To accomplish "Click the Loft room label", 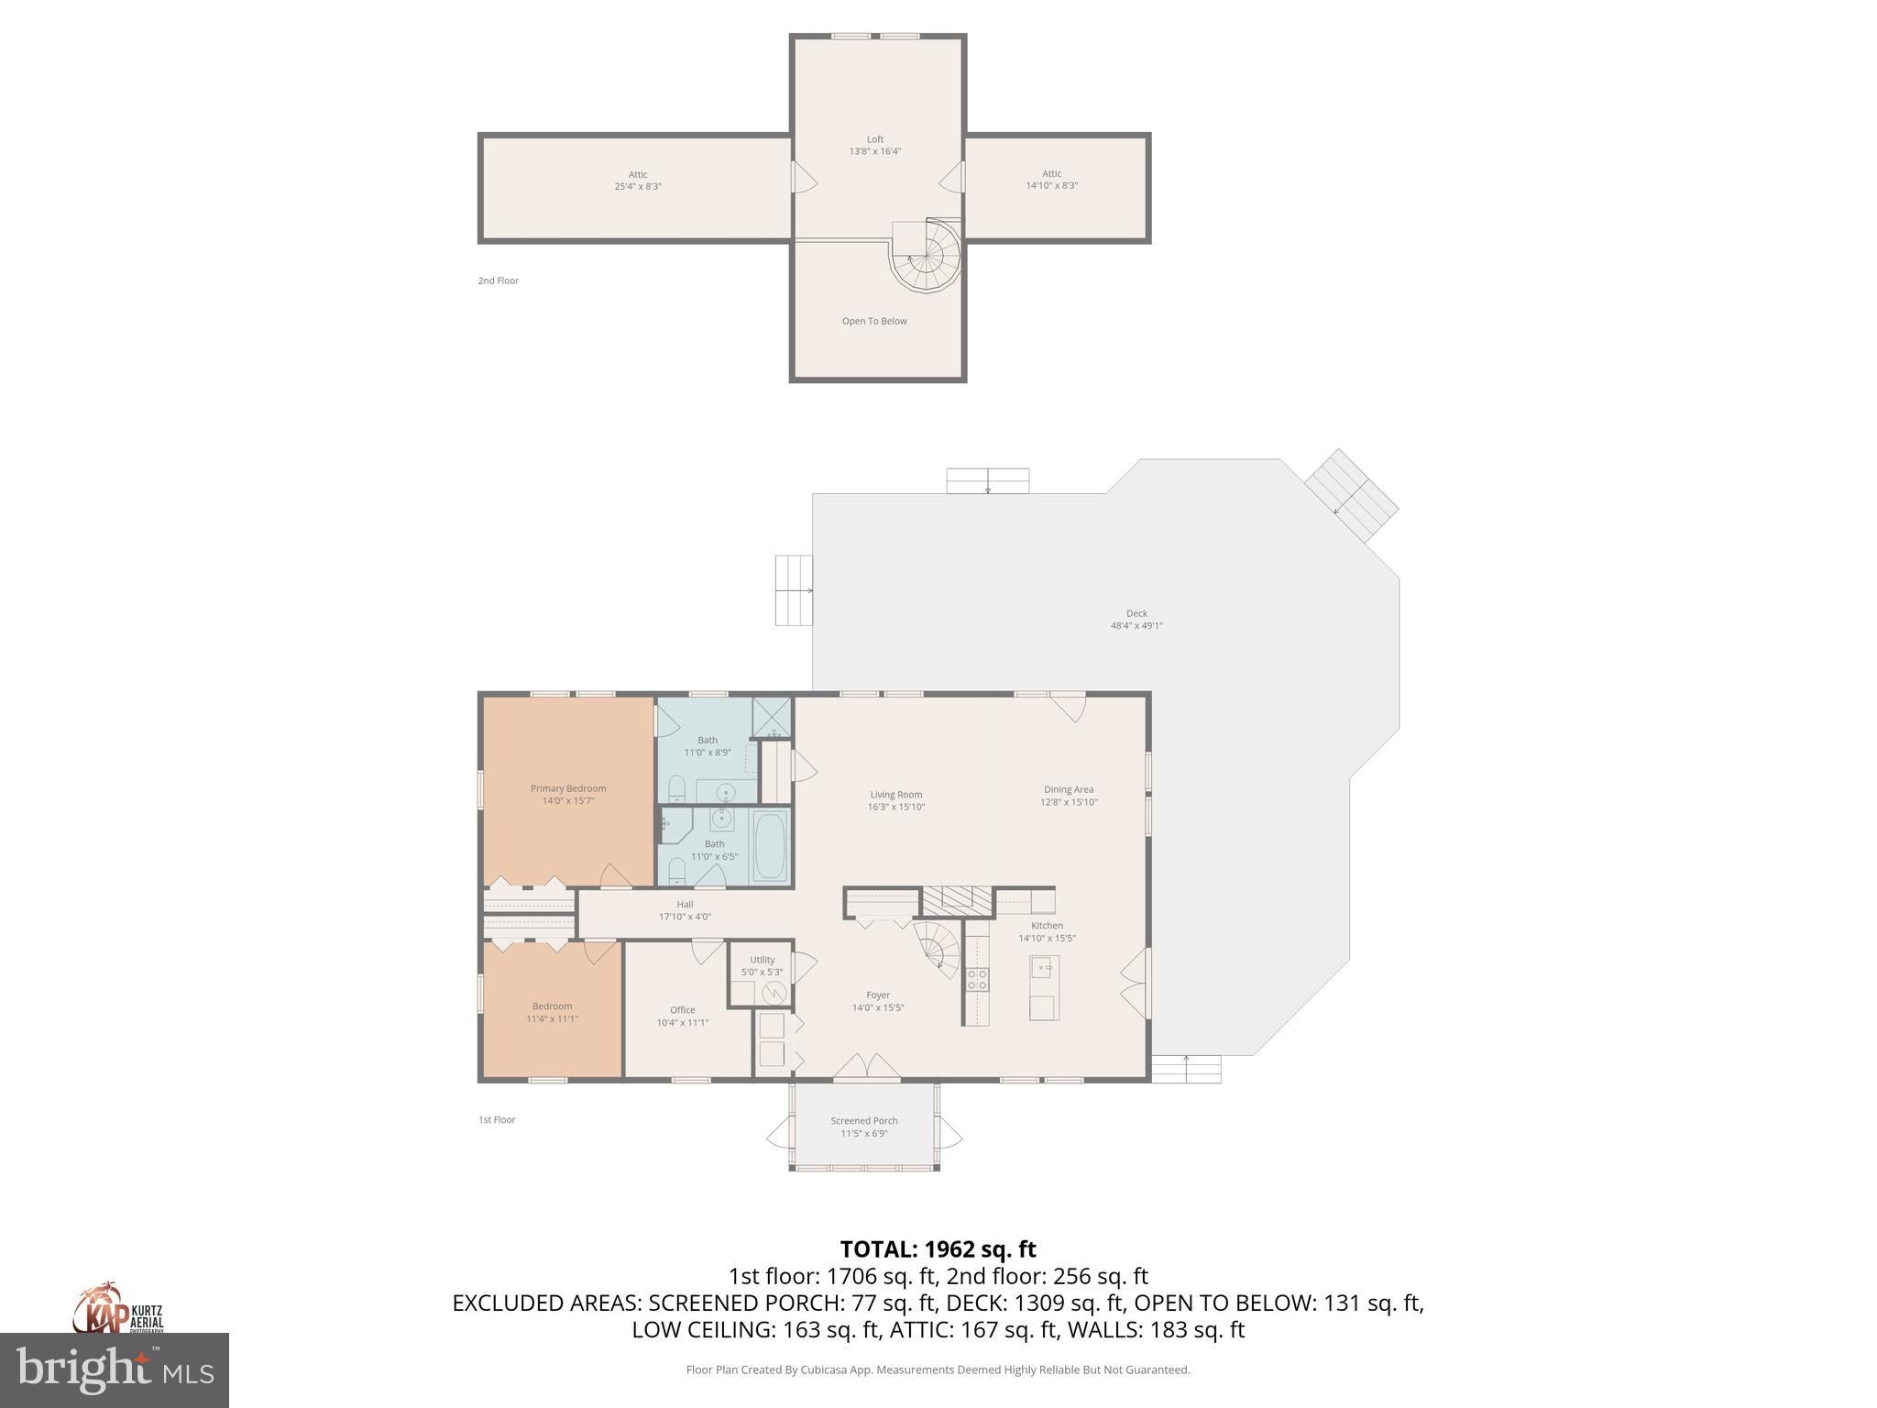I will (874, 140).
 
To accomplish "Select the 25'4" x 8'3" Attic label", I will (638, 181).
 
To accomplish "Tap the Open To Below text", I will (874, 322).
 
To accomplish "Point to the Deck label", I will (1136, 614).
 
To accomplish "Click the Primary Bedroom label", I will (568, 789).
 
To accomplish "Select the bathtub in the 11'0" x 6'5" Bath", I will (770, 848).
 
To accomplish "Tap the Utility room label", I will (762, 960).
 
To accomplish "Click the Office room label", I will (682, 1010).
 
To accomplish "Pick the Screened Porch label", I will (864, 1121).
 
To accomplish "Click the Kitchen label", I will (1047, 926).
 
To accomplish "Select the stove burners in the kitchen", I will (978, 979).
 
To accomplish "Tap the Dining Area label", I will (1069, 790).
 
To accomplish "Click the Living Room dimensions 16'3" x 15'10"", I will (896, 808).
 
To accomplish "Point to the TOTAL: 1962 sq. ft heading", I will (938, 1249).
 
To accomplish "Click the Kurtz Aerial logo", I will (117, 1311).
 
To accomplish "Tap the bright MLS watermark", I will (115, 1370).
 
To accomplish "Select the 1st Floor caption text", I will (497, 1120).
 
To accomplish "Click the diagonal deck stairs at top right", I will (1352, 495).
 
